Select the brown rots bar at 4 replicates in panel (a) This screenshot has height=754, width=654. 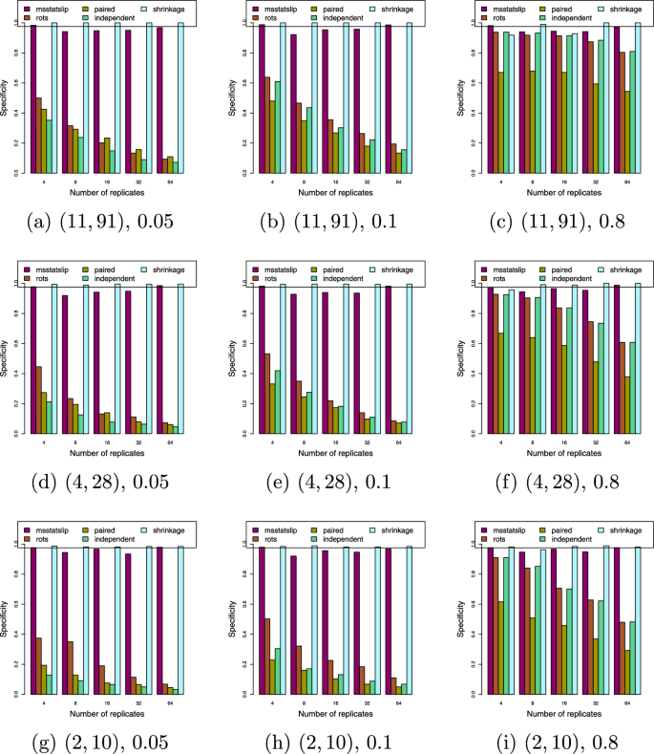pyautogui.click(x=38, y=135)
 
